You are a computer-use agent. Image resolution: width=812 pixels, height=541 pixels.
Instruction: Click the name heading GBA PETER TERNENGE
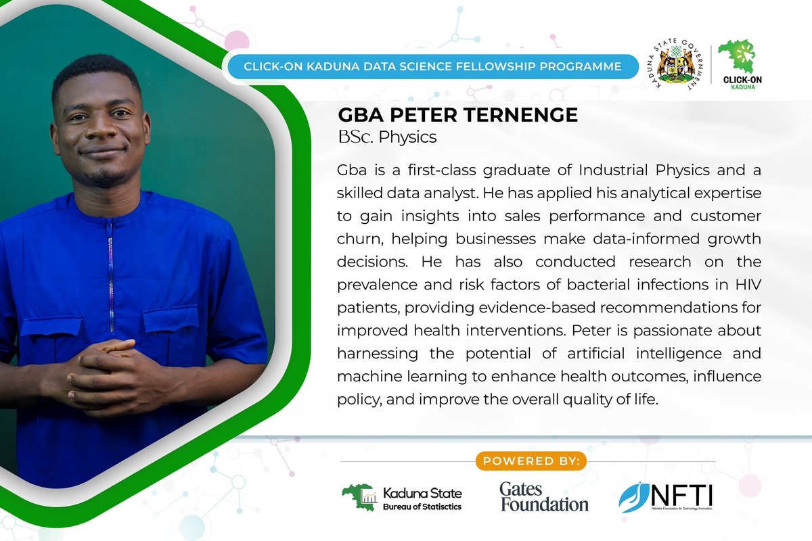(457, 115)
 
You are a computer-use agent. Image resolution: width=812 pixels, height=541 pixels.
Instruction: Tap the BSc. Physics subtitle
(387, 137)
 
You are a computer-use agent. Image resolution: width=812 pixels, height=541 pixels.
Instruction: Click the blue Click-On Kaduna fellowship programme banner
(432, 66)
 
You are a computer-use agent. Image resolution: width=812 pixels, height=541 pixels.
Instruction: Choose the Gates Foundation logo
(544, 496)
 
